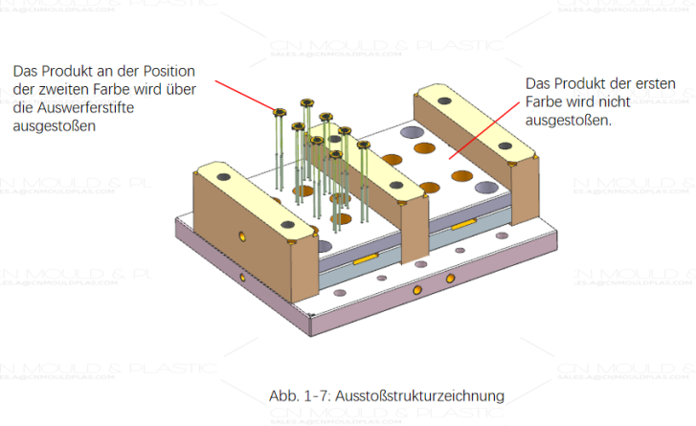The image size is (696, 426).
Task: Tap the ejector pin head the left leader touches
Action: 278,112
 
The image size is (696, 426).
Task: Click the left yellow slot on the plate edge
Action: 366,258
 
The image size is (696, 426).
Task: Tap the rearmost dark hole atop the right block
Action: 441,99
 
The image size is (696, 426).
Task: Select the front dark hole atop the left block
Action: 284,220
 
